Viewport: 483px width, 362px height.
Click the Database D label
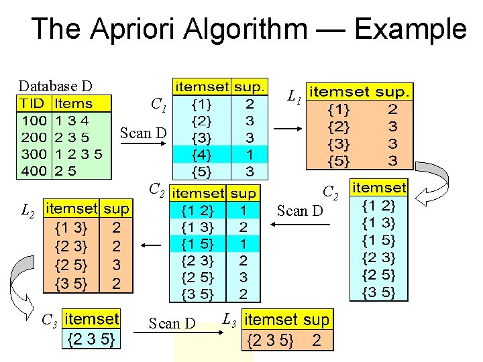click(x=55, y=86)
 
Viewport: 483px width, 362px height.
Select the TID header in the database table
click(x=32, y=104)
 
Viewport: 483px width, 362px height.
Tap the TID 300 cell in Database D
click(x=34, y=154)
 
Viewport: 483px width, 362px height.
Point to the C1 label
click(x=159, y=105)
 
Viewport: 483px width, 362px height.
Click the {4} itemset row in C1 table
click(x=201, y=154)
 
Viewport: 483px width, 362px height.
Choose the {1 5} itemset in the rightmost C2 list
click(x=379, y=239)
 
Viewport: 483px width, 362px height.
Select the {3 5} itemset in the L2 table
click(x=70, y=284)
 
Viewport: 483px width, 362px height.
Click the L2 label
click(x=28, y=213)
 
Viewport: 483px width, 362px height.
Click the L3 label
click(x=229, y=318)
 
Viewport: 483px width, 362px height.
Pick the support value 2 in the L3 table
click(x=317, y=340)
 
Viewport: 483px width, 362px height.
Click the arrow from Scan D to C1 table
click(x=142, y=143)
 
